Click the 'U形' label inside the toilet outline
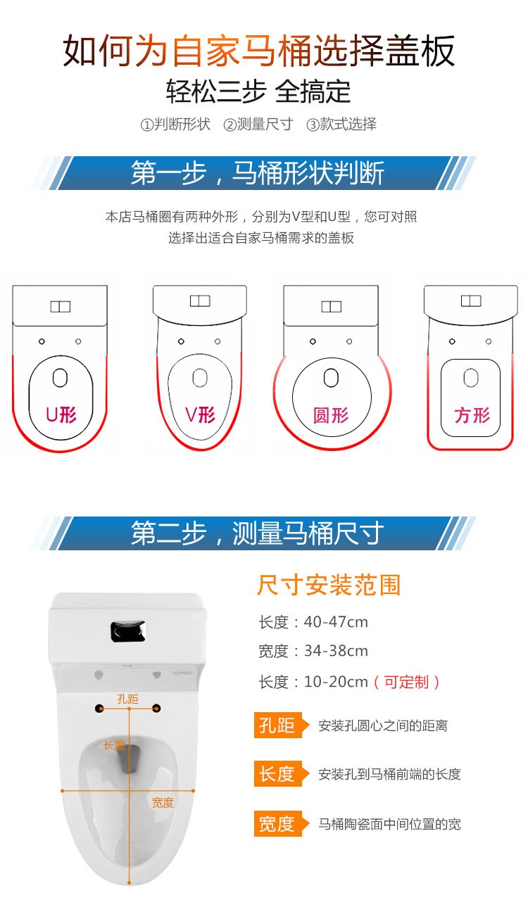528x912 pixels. coord(61,415)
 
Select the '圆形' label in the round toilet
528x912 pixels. coord(331,415)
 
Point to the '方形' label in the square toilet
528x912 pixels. coord(472,415)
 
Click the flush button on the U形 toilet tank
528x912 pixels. coord(61,307)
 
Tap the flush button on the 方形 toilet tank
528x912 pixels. coord(471,301)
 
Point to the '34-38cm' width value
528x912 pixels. coord(336,651)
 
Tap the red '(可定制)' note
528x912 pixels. coord(406,682)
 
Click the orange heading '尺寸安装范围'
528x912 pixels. coord(328,585)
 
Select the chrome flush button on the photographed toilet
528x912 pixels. coord(128,631)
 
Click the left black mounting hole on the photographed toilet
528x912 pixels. coord(99,709)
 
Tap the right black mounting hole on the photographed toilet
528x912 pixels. coord(156,709)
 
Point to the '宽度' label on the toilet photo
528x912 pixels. coord(163,803)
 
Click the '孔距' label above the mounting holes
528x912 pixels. coord(127,699)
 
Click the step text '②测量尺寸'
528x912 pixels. coord(258,124)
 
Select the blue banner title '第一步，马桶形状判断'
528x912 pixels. coord(258,173)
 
